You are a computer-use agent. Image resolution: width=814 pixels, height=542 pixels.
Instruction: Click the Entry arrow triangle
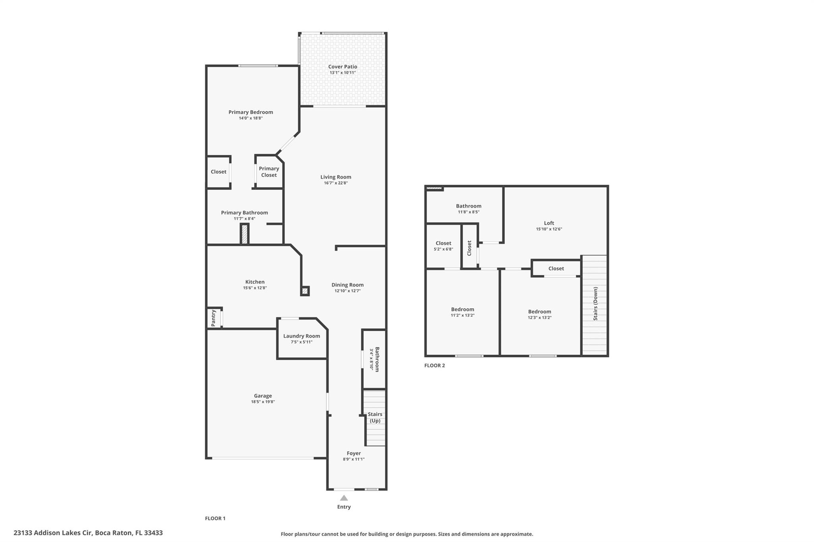pyautogui.click(x=344, y=498)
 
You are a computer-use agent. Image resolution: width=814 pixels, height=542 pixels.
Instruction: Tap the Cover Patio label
pyautogui.click(x=343, y=67)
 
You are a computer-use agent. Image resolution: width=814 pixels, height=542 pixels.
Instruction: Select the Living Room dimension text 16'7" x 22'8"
pyautogui.click(x=336, y=183)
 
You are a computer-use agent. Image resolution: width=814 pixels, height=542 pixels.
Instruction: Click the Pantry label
pyautogui.click(x=213, y=318)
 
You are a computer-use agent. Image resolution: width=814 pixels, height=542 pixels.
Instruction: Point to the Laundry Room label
pyautogui.click(x=302, y=336)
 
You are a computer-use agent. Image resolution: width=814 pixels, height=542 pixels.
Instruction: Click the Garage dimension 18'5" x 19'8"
pyautogui.click(x=263, y=402)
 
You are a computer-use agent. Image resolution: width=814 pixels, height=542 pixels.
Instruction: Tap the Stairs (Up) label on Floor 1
pyautogui.click(x=375, y=417)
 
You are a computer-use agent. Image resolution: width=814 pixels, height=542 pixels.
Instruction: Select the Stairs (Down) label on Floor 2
pyautogui.click(x=595, y=304)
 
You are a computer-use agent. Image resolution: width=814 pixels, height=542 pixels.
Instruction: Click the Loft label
pyautogui.click(x=549, y=223)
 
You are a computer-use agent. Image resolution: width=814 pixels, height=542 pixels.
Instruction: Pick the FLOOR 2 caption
pyautogui.click(x=434, y=365)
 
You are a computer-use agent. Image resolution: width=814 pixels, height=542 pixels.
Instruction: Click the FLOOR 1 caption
pyautogui.click(x=215, y=518)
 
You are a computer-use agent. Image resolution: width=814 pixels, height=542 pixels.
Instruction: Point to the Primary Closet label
pyautogui.click(x=269, y=172)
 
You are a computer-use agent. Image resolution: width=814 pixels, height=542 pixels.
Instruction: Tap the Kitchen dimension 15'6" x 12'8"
pyautogui.click(x=255, y=288)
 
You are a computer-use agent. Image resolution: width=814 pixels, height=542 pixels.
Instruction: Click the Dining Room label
pyautogui.click(x=348, y=285)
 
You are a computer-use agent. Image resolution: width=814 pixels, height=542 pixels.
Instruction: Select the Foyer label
pyautogui.click(x=354, y=453)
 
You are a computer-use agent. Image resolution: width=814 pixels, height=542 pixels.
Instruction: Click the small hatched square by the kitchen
pyautogui.click(x=305, y=291)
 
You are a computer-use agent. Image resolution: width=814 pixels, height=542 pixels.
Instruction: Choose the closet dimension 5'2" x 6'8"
pyautogui.click(x=444, y=249)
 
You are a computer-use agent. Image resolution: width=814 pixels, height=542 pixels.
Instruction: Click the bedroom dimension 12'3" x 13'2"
pyautogui.click(x=540, y=318)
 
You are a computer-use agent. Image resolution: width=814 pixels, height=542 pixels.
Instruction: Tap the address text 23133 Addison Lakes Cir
pyautogui.click(x=53, y=533)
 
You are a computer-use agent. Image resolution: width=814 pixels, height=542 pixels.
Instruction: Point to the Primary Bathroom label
pyautogui.click(x=244, y=212)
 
